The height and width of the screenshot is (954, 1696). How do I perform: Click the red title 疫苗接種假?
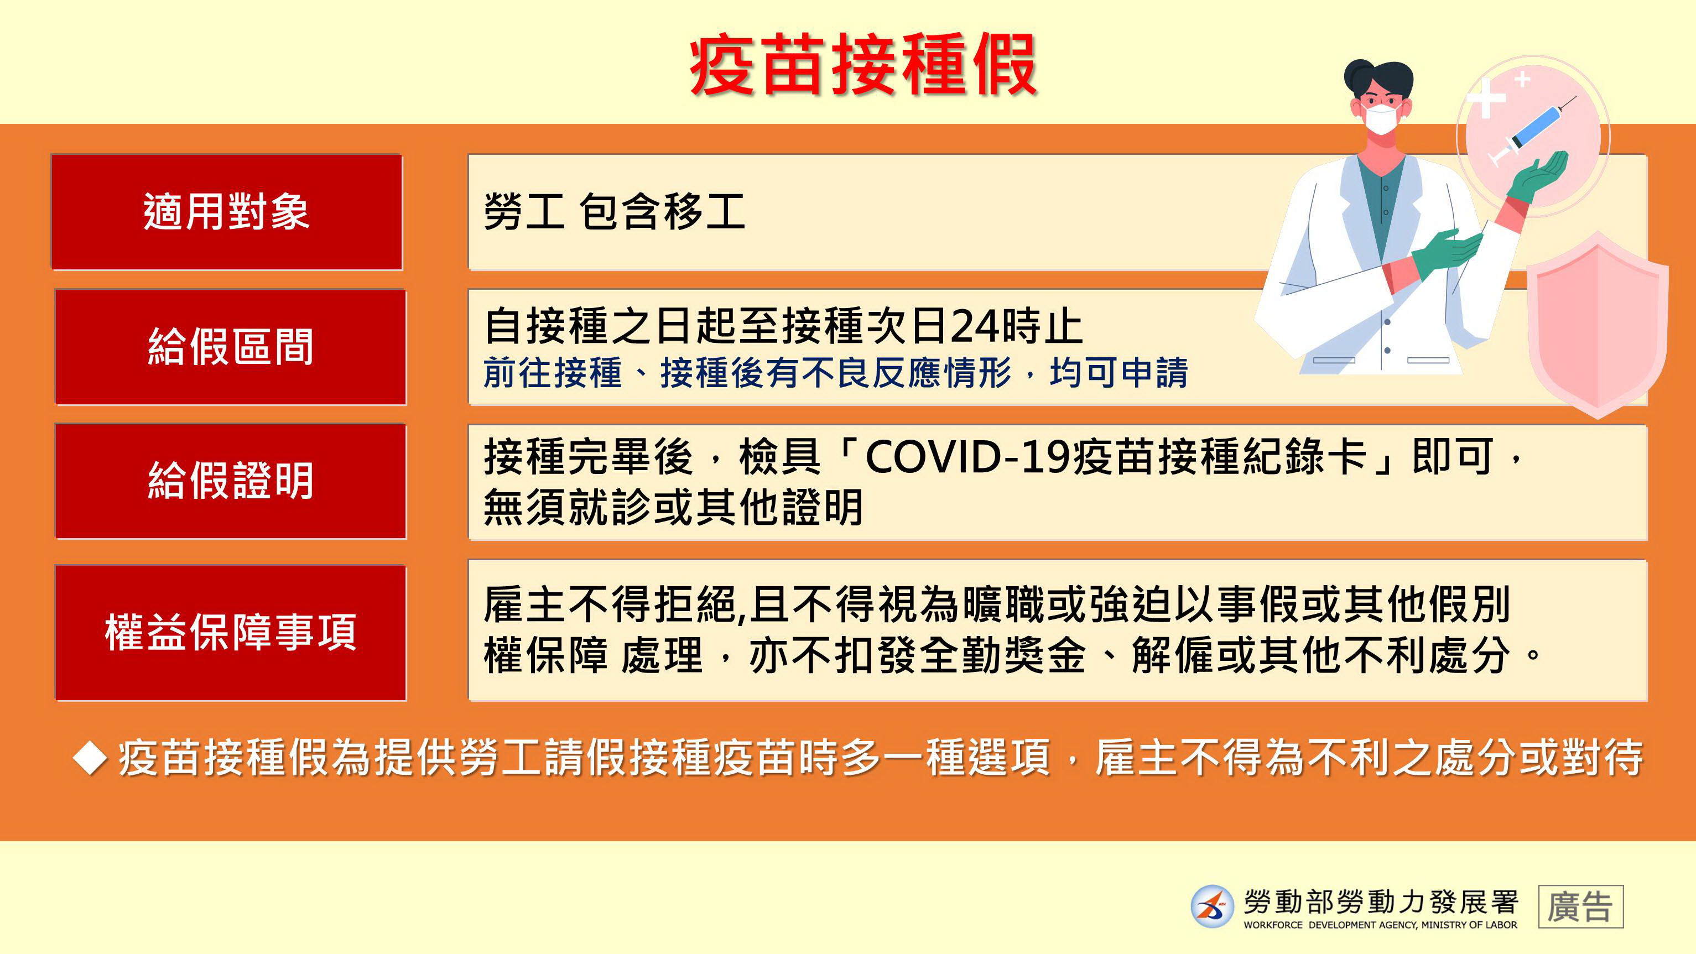tap(863, 65)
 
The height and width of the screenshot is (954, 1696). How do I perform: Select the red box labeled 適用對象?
tap(227, 212)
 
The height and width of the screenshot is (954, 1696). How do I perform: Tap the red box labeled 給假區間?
tap(231, 347)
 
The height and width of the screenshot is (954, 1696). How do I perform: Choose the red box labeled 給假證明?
tap(231, 481)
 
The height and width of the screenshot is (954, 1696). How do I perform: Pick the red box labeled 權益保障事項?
tap(231, 633)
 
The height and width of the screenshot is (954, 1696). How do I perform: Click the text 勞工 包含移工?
tap(614, 212)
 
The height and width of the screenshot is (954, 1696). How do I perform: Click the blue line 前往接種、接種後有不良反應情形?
tap(747, 373)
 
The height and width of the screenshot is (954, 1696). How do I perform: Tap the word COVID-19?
tap(968, 457)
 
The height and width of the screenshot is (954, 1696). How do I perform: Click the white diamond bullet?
tap(90, 758)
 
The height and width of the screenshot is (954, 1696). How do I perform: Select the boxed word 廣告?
tap(1581, 906)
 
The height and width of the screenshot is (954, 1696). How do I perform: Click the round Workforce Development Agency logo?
tap(1212, 906)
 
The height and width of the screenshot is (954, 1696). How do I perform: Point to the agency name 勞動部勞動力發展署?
tap(1381, 902)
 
